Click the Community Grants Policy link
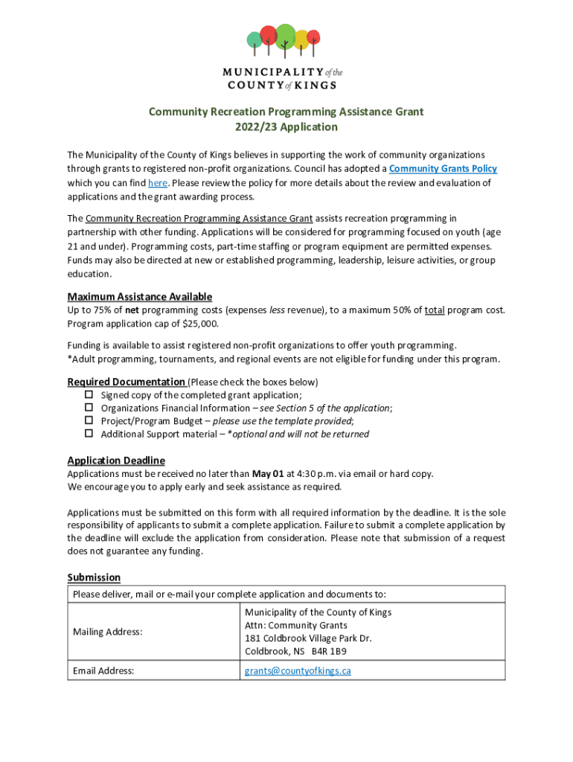click(x=443, y=169)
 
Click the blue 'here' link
click(x=157, y=183)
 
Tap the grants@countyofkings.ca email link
click(x=298, y=670)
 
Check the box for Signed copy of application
click(x=88, y=394)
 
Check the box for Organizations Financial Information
click(x=88, y=408)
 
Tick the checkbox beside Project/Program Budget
click(x=88, y=420)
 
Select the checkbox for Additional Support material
click(x=88, y=433)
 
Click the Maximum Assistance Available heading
click(x=139, y=296)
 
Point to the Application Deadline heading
click(x=116, y=460)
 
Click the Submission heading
click(x=94, y=577)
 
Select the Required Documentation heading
click(x=126, y=382)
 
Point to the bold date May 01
click(x=268, y=473)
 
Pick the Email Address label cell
click(x=103, y=670)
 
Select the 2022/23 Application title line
click(x=286, y=127)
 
